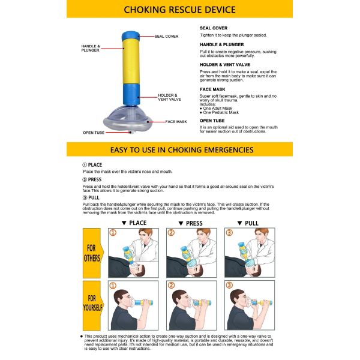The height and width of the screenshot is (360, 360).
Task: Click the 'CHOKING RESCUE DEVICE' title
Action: (x=179, y=10)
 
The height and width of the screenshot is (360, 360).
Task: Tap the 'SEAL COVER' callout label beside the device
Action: (x=166, y=36)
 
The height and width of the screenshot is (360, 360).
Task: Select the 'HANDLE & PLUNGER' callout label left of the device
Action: (x=91, y=48)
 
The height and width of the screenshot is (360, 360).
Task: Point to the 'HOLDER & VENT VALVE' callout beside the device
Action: (x=169, y=97)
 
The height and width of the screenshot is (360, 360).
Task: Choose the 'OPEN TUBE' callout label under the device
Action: (x=94, y=133)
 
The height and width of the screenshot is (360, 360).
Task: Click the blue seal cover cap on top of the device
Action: (x=131, y=35)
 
